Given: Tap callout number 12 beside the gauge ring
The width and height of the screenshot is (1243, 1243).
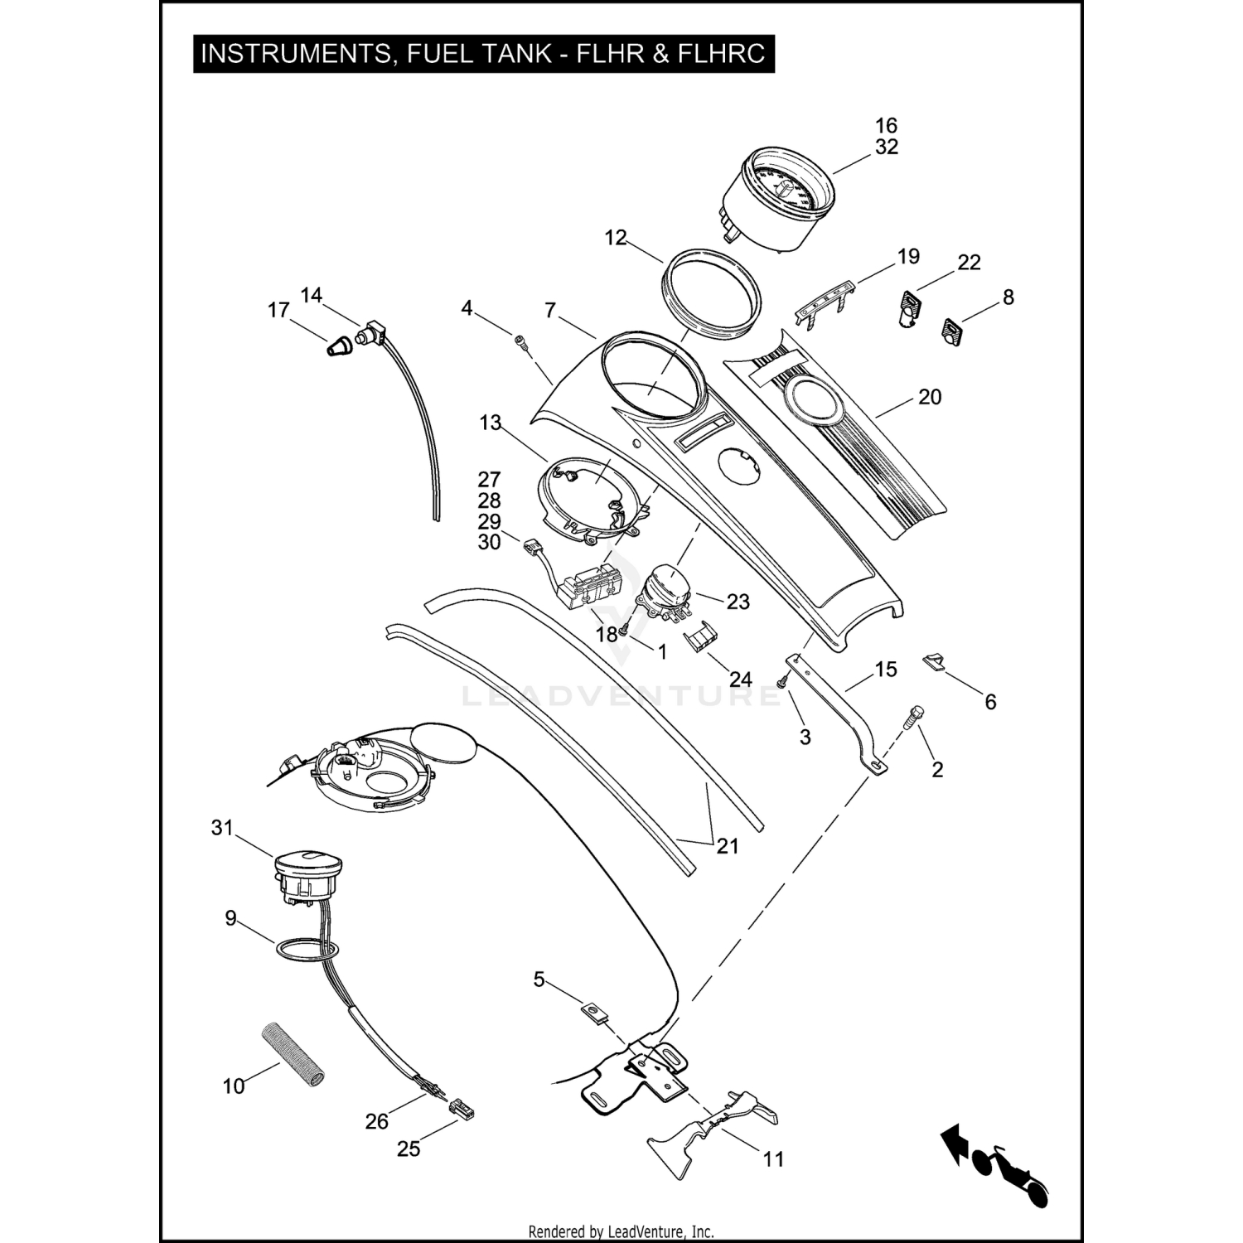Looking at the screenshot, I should point(616,238).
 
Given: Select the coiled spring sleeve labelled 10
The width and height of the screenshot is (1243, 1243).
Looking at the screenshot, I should point(294,1053).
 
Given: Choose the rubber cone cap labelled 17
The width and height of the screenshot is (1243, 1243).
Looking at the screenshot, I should point(336,346).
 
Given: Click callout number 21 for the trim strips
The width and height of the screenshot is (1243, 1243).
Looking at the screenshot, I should point(727,846).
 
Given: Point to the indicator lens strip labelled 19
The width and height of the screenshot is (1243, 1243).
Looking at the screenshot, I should point(824,301).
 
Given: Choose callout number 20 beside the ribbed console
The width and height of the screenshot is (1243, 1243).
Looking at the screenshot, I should point(930,398).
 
